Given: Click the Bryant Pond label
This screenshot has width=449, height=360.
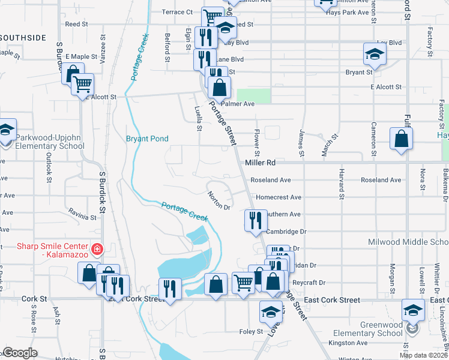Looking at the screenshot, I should (146, 139).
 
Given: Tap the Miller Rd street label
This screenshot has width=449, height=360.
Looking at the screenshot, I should (260, 163).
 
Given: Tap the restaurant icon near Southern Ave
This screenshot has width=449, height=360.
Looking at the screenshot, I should (255, 220).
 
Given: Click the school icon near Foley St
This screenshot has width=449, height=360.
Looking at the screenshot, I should (271, 311).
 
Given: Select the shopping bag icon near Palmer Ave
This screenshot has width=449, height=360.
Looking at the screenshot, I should (220, 88).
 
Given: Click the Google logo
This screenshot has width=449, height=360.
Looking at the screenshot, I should (20, 353).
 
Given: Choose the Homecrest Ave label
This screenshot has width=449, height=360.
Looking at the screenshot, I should (278, 197).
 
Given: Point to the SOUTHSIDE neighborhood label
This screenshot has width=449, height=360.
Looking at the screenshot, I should (23, 38).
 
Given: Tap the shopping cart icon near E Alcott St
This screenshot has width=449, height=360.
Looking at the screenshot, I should (82, 84).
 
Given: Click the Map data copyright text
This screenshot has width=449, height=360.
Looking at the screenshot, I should (423, 355).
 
